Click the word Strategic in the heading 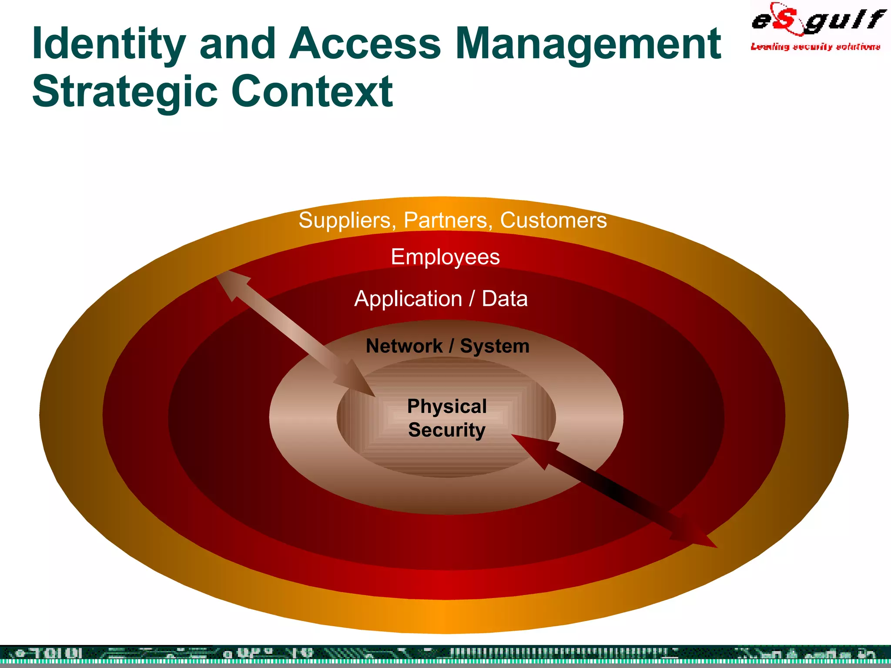(x=124, y=92)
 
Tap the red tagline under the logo (x=815, y=47)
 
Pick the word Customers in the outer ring (x=553, y=220)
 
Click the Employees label (x=445, y=257)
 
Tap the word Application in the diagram (x=408, y=299)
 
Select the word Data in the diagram (x=504, y=299)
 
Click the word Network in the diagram (x=404, y=346)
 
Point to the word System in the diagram (x=495, y=346)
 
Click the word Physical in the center (x=447, y=407)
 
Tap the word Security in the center (x=447, y=430)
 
